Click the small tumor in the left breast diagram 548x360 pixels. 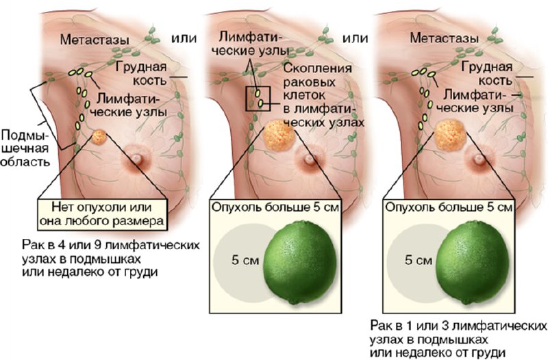[x=99, y=138]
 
